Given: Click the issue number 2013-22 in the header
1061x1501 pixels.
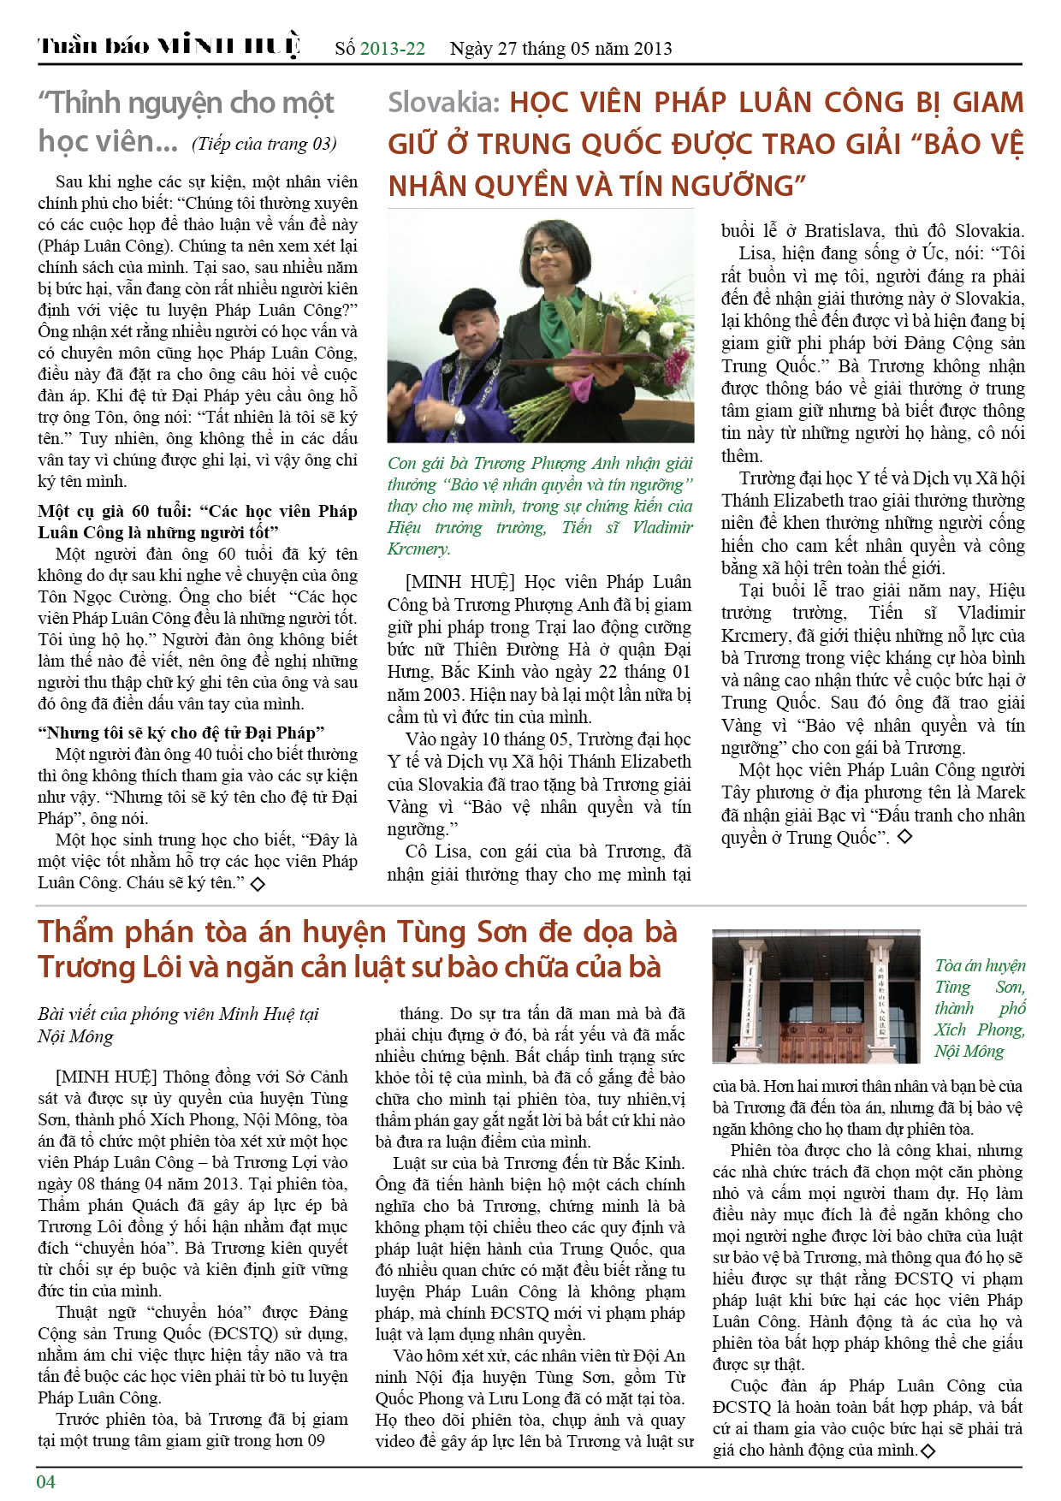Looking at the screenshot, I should point(393,49).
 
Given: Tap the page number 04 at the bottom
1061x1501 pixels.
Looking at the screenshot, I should point(45,1481).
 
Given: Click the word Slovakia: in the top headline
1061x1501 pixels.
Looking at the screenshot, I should point(443,104).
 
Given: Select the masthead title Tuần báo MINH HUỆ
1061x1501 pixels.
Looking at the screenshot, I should point(169,46).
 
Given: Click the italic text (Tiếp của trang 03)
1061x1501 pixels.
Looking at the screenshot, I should point(264,144).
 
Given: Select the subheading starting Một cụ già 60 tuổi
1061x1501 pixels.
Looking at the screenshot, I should point(197,521).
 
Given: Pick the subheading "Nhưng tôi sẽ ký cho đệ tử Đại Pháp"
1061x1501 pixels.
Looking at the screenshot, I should point(181,733).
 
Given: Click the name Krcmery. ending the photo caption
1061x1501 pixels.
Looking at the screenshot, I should point(418,549).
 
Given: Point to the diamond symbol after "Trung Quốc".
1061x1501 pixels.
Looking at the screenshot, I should point(904,837).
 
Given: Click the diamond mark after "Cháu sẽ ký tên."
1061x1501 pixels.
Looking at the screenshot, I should point(256,883).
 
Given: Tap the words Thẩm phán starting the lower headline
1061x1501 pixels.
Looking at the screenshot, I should point(105,932).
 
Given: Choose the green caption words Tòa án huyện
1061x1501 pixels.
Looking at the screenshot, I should point(980,966).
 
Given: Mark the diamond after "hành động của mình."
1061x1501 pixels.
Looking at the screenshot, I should point(928,1451).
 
